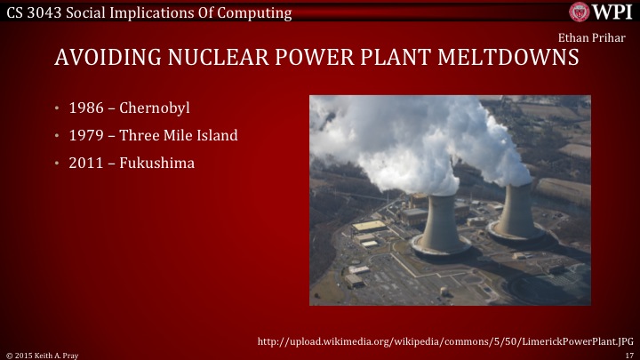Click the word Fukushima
(157, 164)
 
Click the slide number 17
(628, 355)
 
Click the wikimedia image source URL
(444, 340)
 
